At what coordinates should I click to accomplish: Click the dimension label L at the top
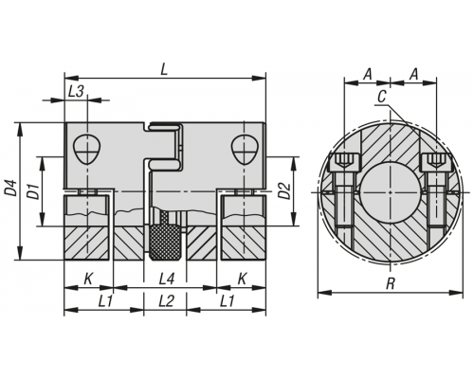click(x=164, y=69)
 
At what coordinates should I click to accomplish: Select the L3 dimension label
click(x=76, y=92)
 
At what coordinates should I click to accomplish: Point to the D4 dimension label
click(x=10, y=189)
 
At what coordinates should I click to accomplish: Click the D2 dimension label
click(x=285, y=190)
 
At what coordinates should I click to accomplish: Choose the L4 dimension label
click(x=166, y=280)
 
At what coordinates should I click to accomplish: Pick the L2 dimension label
click(x=166, y=301)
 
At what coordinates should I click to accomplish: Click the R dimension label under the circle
click(x=391, y=283)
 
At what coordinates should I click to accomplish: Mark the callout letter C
click(x=382, y=97)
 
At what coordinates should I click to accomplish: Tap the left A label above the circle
click(x=367, y=75)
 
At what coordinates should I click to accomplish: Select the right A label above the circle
click(x=414, y=75)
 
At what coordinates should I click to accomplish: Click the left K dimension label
click(x=88, y=280)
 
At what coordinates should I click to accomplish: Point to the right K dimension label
click(x=242, y=280)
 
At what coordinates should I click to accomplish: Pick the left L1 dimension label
click(x=105, y=301)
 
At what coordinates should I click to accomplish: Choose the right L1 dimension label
click(x=227, y=301)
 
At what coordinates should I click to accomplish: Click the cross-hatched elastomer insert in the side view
click(x=164, y=242)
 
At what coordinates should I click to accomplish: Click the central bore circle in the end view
click(x=391, y=192)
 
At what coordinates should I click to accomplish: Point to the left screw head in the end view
click(x=345, y=162)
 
